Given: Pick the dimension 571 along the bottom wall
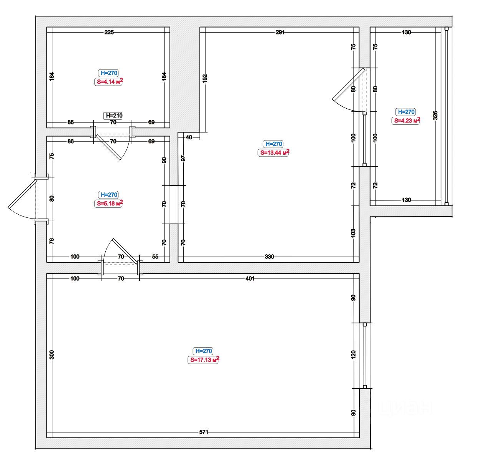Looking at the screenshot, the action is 204,432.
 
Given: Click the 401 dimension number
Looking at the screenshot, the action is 250,278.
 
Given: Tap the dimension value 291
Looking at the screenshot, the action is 280,32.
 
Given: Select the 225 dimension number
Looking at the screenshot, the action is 109,32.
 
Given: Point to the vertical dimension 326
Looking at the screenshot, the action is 435,116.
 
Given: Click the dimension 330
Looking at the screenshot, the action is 269,257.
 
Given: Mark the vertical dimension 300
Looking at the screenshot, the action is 52,355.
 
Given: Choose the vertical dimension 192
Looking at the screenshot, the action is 205,78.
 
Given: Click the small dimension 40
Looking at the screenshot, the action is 189,137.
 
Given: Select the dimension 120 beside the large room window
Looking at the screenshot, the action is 353,354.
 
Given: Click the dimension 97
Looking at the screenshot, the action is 183,158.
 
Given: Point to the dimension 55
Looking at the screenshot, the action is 155,257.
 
